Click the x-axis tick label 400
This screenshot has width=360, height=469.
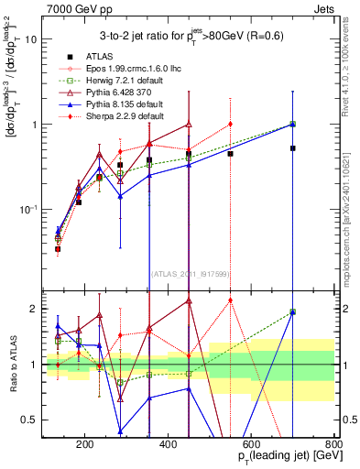pos(168,446)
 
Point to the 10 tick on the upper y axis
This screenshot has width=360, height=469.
pos(31,39)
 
